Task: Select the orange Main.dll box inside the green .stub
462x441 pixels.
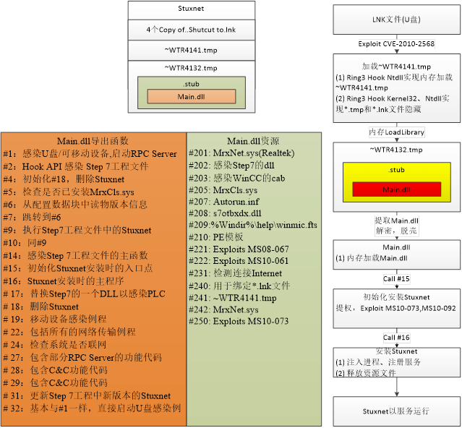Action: (191, 97)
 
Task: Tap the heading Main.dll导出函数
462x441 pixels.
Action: (93, 141)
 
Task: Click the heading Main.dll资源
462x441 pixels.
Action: (252, 141)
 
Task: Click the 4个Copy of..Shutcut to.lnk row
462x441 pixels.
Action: (192, 30)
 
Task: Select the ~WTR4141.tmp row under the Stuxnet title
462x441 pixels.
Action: (192, 50)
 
